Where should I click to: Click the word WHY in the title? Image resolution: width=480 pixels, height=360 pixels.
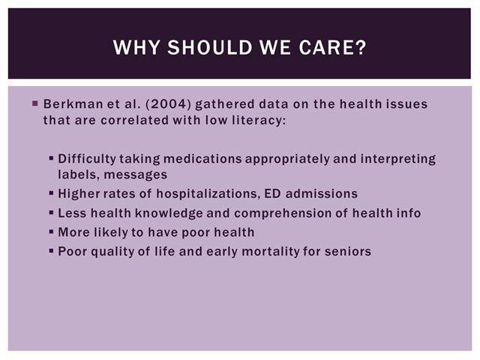point(136,47)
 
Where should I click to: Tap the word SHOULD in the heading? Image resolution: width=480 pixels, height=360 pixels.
point(209,47)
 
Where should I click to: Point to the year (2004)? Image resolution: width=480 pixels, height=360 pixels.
point(169,104)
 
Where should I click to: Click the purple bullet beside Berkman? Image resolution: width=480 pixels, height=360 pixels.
point(35,103)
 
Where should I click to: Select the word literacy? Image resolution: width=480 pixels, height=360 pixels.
point(259,120)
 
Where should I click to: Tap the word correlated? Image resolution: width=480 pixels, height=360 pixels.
point(135,120)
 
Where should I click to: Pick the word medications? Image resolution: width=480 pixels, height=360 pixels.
point(202,159)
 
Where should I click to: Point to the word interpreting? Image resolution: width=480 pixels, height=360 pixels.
point(398,159)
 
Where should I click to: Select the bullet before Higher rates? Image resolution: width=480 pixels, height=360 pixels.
point(51,193)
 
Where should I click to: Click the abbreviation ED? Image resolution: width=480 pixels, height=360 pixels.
point(272,193)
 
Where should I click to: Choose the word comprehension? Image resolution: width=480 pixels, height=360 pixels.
point(283,214)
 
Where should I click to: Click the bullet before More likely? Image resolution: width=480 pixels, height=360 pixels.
point(51,232)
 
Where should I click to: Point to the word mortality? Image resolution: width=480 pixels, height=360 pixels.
point(270,252)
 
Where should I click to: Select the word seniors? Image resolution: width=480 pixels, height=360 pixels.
point(348,252)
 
